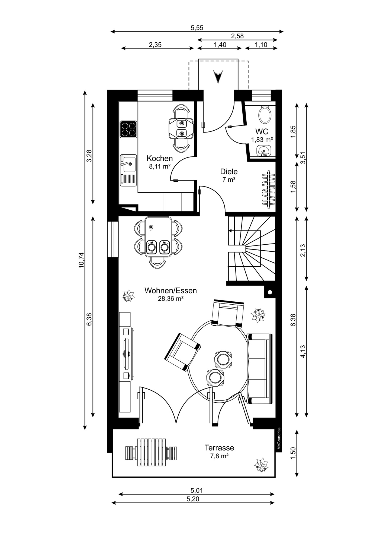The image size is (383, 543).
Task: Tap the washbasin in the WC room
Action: tap(263, 150)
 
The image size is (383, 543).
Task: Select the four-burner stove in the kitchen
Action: tap(128, 129)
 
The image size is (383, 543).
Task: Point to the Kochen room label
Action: tap(160, 158)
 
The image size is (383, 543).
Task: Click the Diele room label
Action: tap(229, 172)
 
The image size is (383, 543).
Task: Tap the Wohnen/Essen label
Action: tap(170, 291)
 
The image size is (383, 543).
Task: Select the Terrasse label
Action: tap(219, 448)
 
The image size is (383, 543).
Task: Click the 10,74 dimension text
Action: tap(82, 260)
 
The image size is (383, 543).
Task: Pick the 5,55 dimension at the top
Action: tap(197, 28)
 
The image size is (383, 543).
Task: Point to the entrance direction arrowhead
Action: tap(218, 76)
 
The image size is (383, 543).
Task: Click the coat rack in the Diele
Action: tap(269, 189)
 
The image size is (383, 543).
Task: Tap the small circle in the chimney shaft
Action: tap(270, 292)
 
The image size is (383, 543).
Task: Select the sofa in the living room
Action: tap(259, 369)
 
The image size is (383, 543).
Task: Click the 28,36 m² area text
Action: tap(171, 299)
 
